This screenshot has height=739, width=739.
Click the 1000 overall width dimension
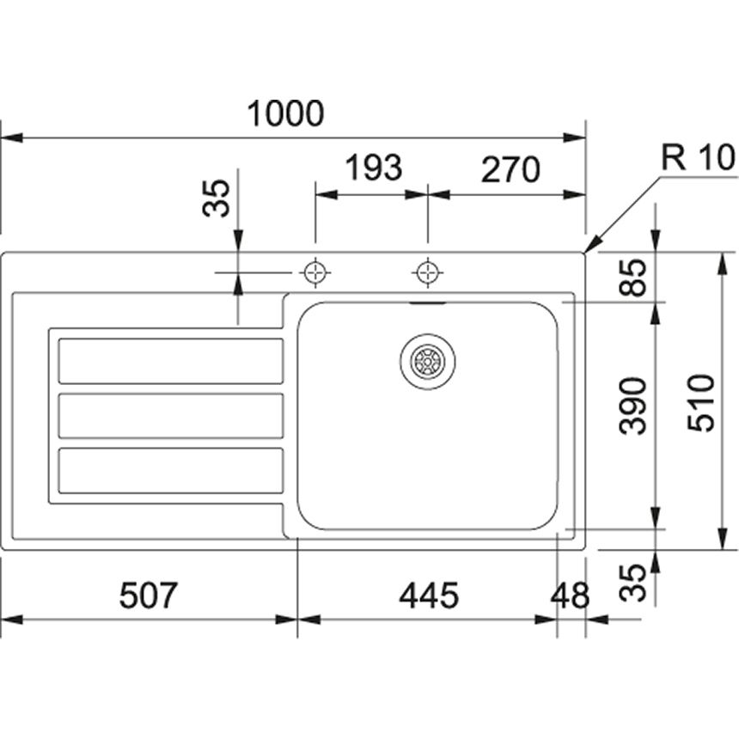285,113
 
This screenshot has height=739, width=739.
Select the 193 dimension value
373,168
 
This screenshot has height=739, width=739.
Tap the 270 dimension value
510,169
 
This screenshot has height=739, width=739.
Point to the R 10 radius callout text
698,157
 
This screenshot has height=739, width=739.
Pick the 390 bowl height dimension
634,404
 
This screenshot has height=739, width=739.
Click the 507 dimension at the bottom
148,595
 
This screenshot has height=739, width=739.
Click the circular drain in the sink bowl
427,361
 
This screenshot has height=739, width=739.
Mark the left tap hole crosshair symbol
315,272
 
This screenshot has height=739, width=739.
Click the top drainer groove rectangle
170,361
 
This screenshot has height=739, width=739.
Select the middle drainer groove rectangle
170,415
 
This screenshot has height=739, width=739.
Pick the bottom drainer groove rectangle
170,470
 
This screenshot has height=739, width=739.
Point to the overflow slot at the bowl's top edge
427,303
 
